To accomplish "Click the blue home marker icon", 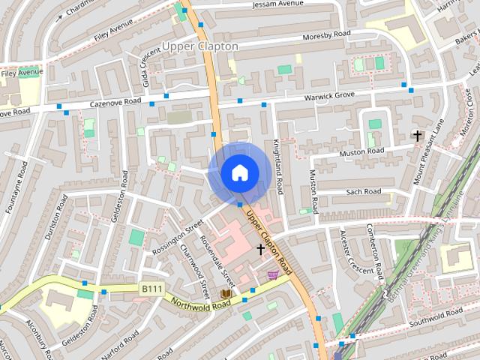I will click(238, 172).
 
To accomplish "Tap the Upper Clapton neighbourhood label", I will click(200, 46).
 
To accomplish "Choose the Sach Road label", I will click(364, 192).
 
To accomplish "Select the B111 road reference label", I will click(151, 287).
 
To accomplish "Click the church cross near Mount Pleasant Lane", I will click(417, 136).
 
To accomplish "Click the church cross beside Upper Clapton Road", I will click(260, 248).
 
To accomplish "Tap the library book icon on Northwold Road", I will click(226, 293).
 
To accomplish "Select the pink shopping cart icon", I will click(274, 274).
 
